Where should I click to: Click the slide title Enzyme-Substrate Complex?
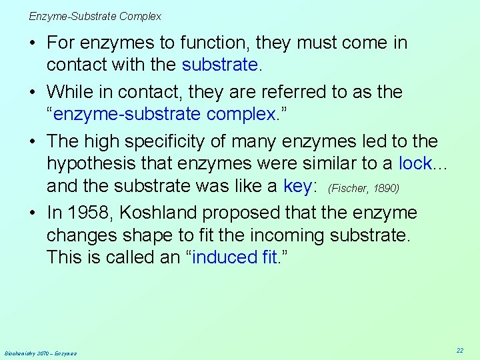pos(95,16)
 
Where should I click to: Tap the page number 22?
pos(460,350)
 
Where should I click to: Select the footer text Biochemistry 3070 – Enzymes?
pos(41,353)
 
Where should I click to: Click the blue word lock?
pos(415,163)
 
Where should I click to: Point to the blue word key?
pos(297,186)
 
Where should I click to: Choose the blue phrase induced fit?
pos(234,257)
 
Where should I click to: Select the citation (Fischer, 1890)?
pos(364,188)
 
